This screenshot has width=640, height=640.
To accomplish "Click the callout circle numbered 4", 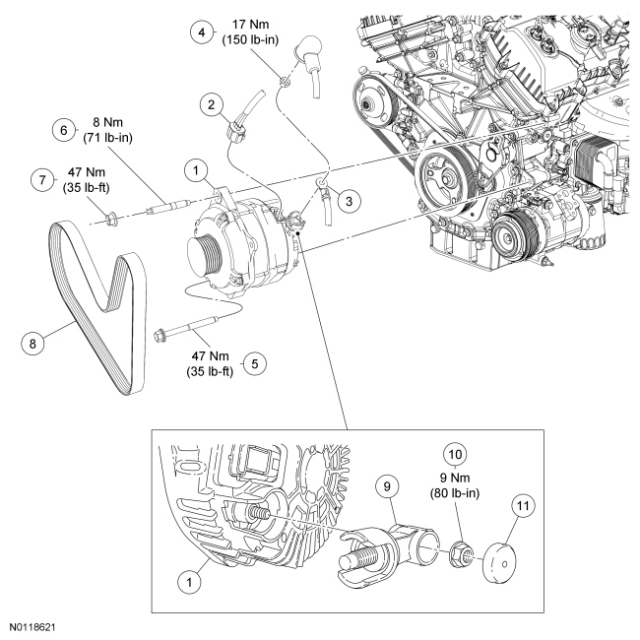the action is [x=202, y=32].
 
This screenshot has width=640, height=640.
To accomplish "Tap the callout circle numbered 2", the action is [x=211, y=105].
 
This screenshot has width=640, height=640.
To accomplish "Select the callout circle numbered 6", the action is [x=64, y=130].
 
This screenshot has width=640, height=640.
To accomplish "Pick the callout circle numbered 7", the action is [x=42, y=179].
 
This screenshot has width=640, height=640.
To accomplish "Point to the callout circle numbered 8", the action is [x=32, y=344].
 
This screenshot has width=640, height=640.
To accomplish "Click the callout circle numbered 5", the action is [x=255, y=363].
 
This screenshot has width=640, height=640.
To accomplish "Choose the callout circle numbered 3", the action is [x=349, y=201].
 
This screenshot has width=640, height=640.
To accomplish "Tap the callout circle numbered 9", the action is [x=387, y=486].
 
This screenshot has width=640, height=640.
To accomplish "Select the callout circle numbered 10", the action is [x=455, y=454].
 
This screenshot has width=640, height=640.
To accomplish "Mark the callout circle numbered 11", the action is [x=523, y=506].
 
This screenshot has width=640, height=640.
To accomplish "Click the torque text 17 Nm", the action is [x=250, y=25].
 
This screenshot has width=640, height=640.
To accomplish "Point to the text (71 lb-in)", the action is [x=107, y=138].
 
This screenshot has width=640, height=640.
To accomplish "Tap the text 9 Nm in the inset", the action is [x=455, y=478].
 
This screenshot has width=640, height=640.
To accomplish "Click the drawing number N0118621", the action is [x=32, y=627].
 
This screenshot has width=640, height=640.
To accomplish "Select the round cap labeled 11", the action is [x=499, y=562].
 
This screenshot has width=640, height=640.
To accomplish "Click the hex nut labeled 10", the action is [x=462, y=555].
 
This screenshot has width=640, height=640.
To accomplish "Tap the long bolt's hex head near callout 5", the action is [x=160, y=336].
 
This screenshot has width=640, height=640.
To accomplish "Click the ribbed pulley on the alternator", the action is [x=204, y=253].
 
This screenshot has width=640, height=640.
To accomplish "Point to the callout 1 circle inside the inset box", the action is [x=189, y=582].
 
